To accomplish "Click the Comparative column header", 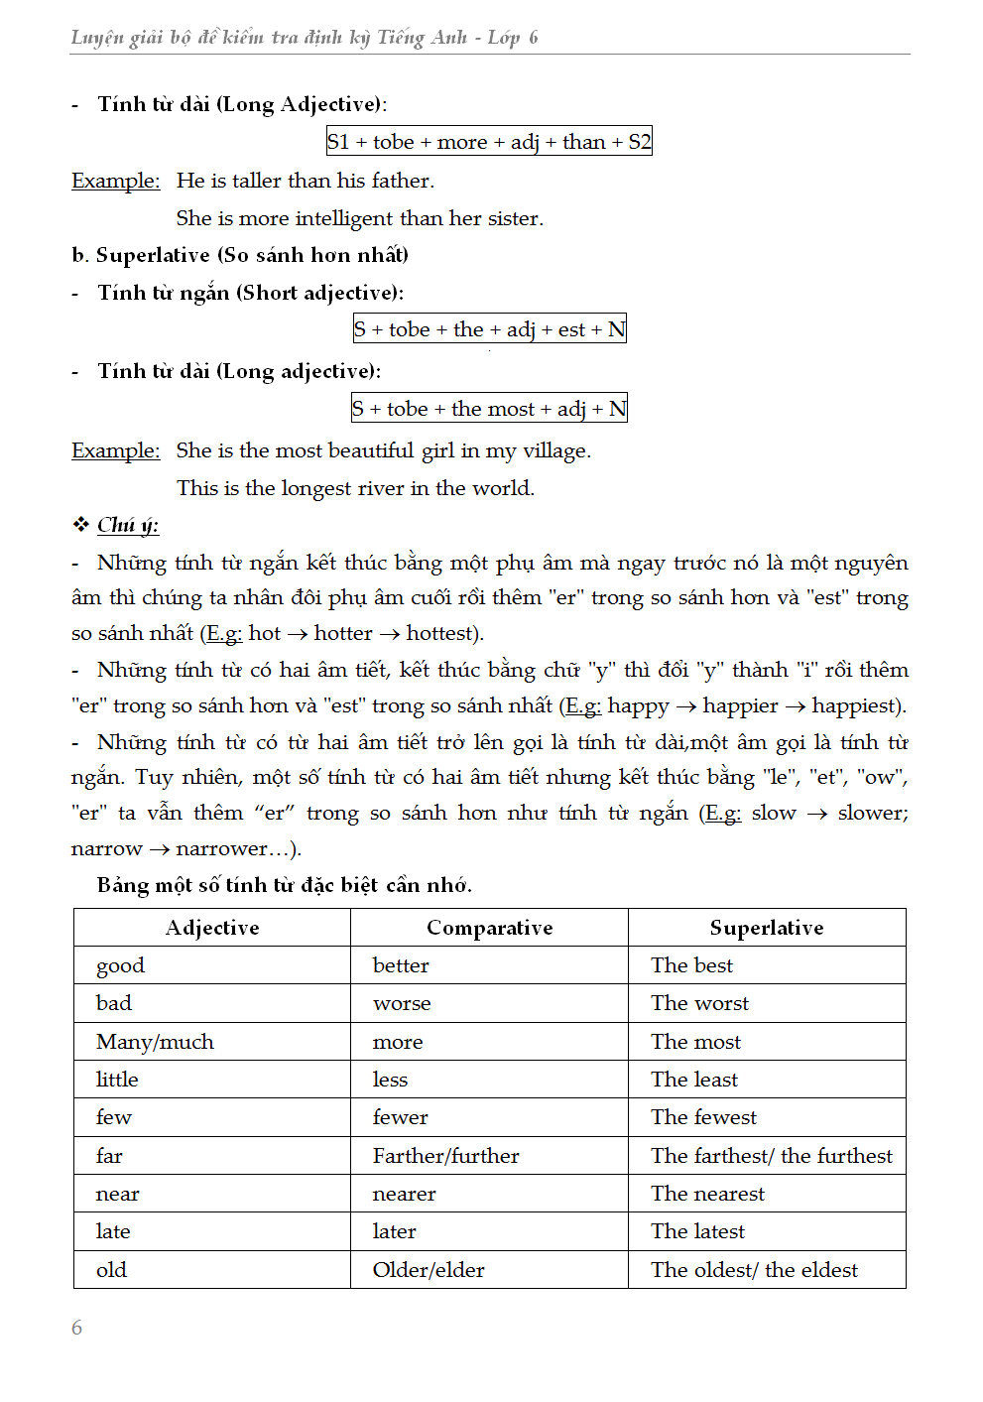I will [489, 928].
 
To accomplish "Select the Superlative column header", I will [767, 928].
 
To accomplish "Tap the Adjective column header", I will [212, 928].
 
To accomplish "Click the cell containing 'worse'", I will [402, 1003].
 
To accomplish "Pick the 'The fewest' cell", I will [703, 1117].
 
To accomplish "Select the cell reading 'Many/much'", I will [155, 1042].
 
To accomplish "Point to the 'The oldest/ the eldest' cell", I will [754, 1270].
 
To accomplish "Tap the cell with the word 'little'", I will [117, 1080].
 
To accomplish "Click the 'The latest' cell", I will [697, 1231].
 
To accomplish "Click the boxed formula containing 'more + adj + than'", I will [489, 142].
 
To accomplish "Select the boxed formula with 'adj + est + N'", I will [489, 329].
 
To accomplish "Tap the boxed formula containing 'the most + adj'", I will [489, 409].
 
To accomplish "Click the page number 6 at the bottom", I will [77, 1328].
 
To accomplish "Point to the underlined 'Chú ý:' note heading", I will [128, 525].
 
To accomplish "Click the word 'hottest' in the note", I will [440, 633].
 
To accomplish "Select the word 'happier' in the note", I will [740, 705].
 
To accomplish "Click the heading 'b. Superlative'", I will [240, 255].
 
